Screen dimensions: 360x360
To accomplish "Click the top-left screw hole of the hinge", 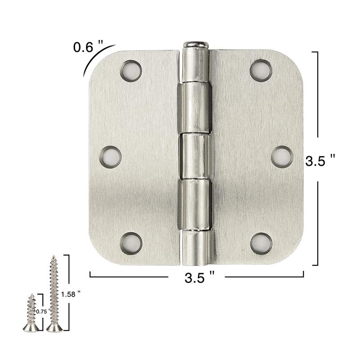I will (131, 71).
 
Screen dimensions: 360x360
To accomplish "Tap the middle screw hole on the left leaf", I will (110, 157).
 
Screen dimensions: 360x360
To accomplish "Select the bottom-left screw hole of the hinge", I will (131, 243).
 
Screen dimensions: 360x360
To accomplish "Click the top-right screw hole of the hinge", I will (261, 71).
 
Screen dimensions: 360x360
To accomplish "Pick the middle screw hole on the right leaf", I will (282, 157).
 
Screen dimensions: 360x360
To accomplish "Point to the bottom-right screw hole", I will (261, 243).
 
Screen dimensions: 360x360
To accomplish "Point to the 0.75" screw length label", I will (43, 311).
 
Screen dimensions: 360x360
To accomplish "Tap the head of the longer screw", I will (54, 328).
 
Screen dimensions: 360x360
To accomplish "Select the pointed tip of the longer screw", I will (54, 257).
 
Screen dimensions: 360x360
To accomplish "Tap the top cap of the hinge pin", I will (196, 45).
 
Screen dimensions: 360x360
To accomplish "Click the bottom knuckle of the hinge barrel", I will (196, 247).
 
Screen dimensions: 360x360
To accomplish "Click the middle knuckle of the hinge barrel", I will (196, 156).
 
